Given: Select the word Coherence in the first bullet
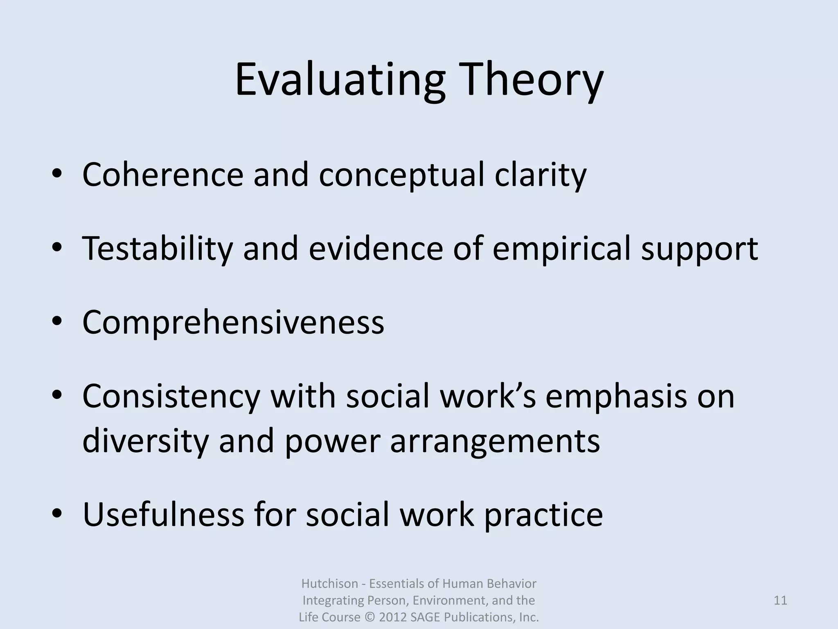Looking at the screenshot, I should (x=163, y=175).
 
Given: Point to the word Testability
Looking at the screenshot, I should (x=158, y=249).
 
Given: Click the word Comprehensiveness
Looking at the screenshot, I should (x=233, y=322).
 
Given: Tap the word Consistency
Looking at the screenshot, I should (x=171, y=396).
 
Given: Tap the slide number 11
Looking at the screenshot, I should (x=780, y=600).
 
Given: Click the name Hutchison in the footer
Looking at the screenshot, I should (x=324, y=583).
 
